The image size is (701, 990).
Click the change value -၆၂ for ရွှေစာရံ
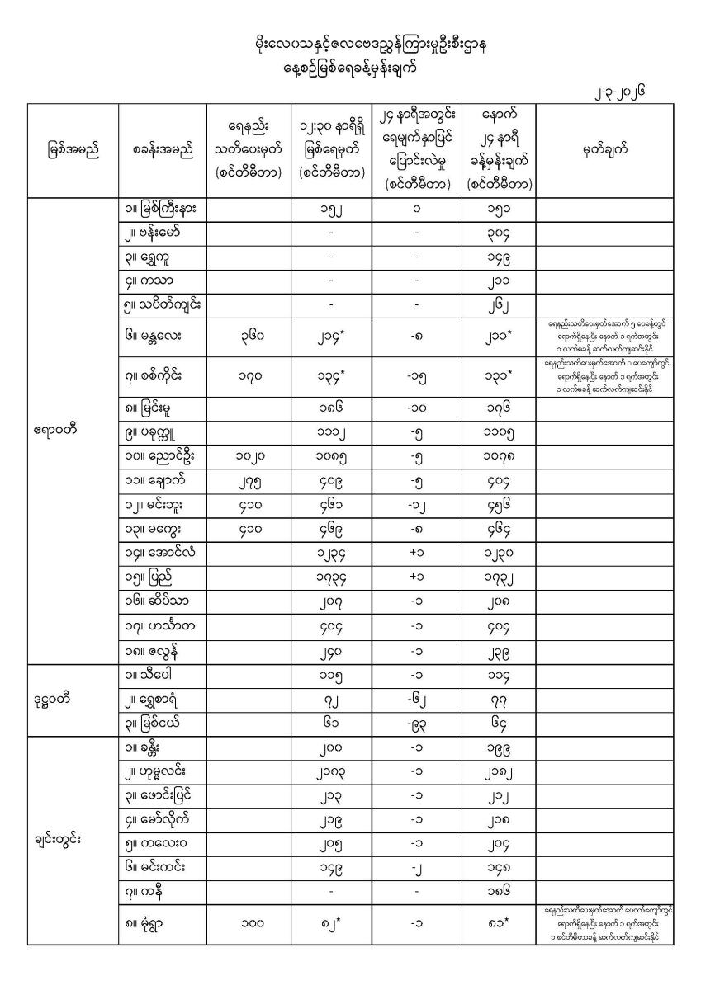416,700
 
